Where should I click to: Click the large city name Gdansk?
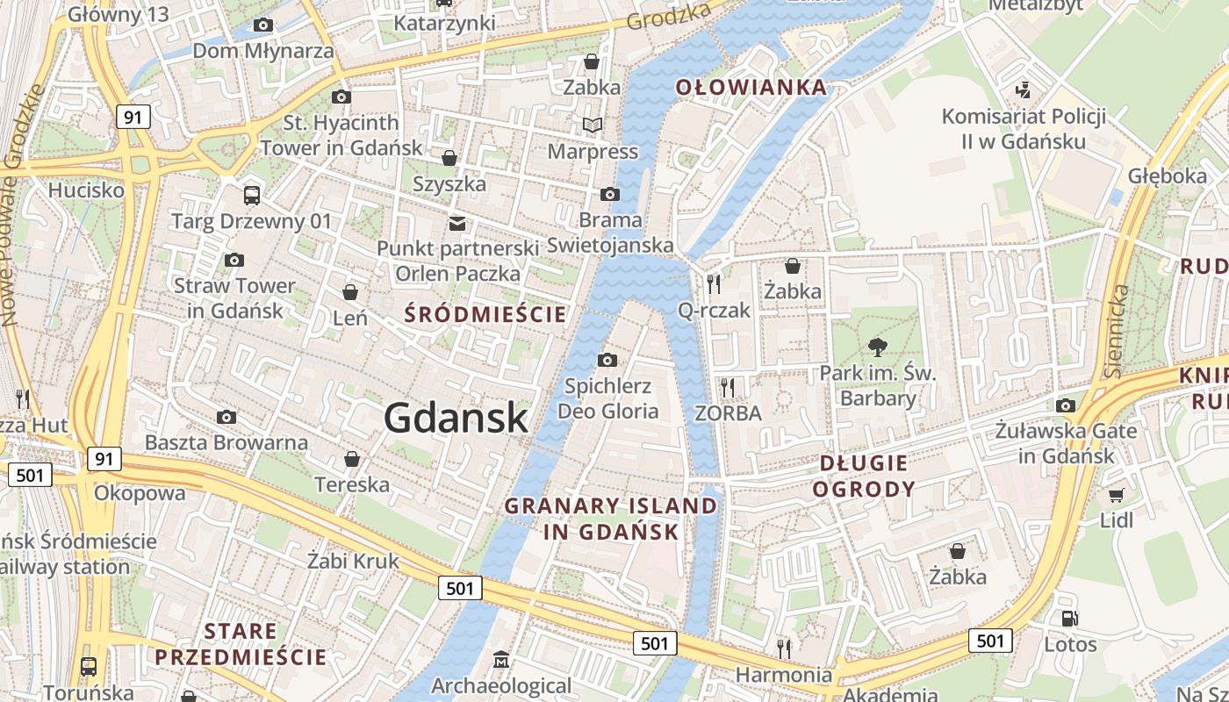point(456,418)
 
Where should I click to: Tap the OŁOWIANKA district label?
point(751,87)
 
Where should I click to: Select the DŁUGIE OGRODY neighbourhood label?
point(864,476)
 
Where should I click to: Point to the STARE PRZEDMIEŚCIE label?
point(240,644)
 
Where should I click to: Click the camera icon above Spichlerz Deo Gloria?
point(607,360)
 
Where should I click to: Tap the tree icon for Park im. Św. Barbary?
point(876,347)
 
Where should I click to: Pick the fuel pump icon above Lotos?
point(1069,619)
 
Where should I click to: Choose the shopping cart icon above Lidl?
point(1117,495)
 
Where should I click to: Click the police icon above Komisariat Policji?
point(1023,90)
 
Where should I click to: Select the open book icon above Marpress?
point(593,125)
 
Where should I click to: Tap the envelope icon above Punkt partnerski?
point(457,223)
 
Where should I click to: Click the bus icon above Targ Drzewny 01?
point(252,195)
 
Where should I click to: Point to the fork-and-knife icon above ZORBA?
point(728,387)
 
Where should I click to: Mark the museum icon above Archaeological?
point(501,659)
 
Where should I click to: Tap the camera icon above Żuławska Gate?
point(1066,405)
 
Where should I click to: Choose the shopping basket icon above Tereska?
point(352,459)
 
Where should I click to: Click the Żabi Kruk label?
point(353,561)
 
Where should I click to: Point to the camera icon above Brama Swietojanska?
point(610,194)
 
